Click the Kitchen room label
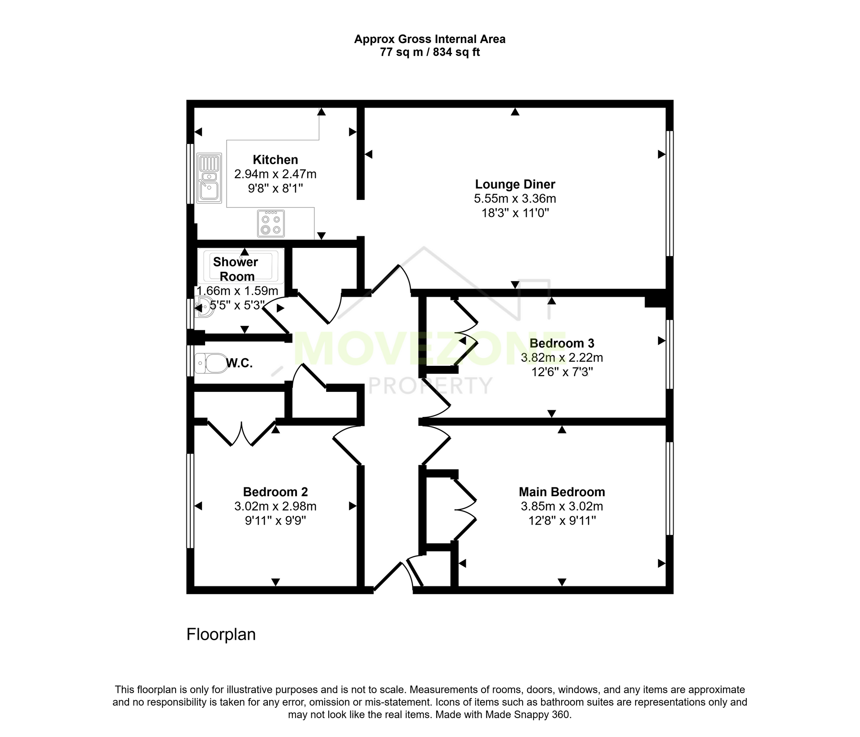coord(275,160)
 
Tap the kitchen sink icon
coord(209,178)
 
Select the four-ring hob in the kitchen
coord(271,223)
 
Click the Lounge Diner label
coord(515,184)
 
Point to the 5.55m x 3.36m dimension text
coord(515,199)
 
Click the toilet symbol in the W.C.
coord(211,363)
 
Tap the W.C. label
coord(239,363)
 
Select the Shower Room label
coord(236,269)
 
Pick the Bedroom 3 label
coord(562,343)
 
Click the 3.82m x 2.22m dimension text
coord(562,358)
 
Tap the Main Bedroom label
coord(562,492)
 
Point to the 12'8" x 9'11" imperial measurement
coord(562,520)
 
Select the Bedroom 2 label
coord(275,492)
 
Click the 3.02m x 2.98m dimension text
coord(275,506)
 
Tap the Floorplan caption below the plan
coord(221,634)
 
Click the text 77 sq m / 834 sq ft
coord(430,52)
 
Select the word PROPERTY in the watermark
coord(430,385)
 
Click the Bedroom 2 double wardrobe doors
coord(242,434)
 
